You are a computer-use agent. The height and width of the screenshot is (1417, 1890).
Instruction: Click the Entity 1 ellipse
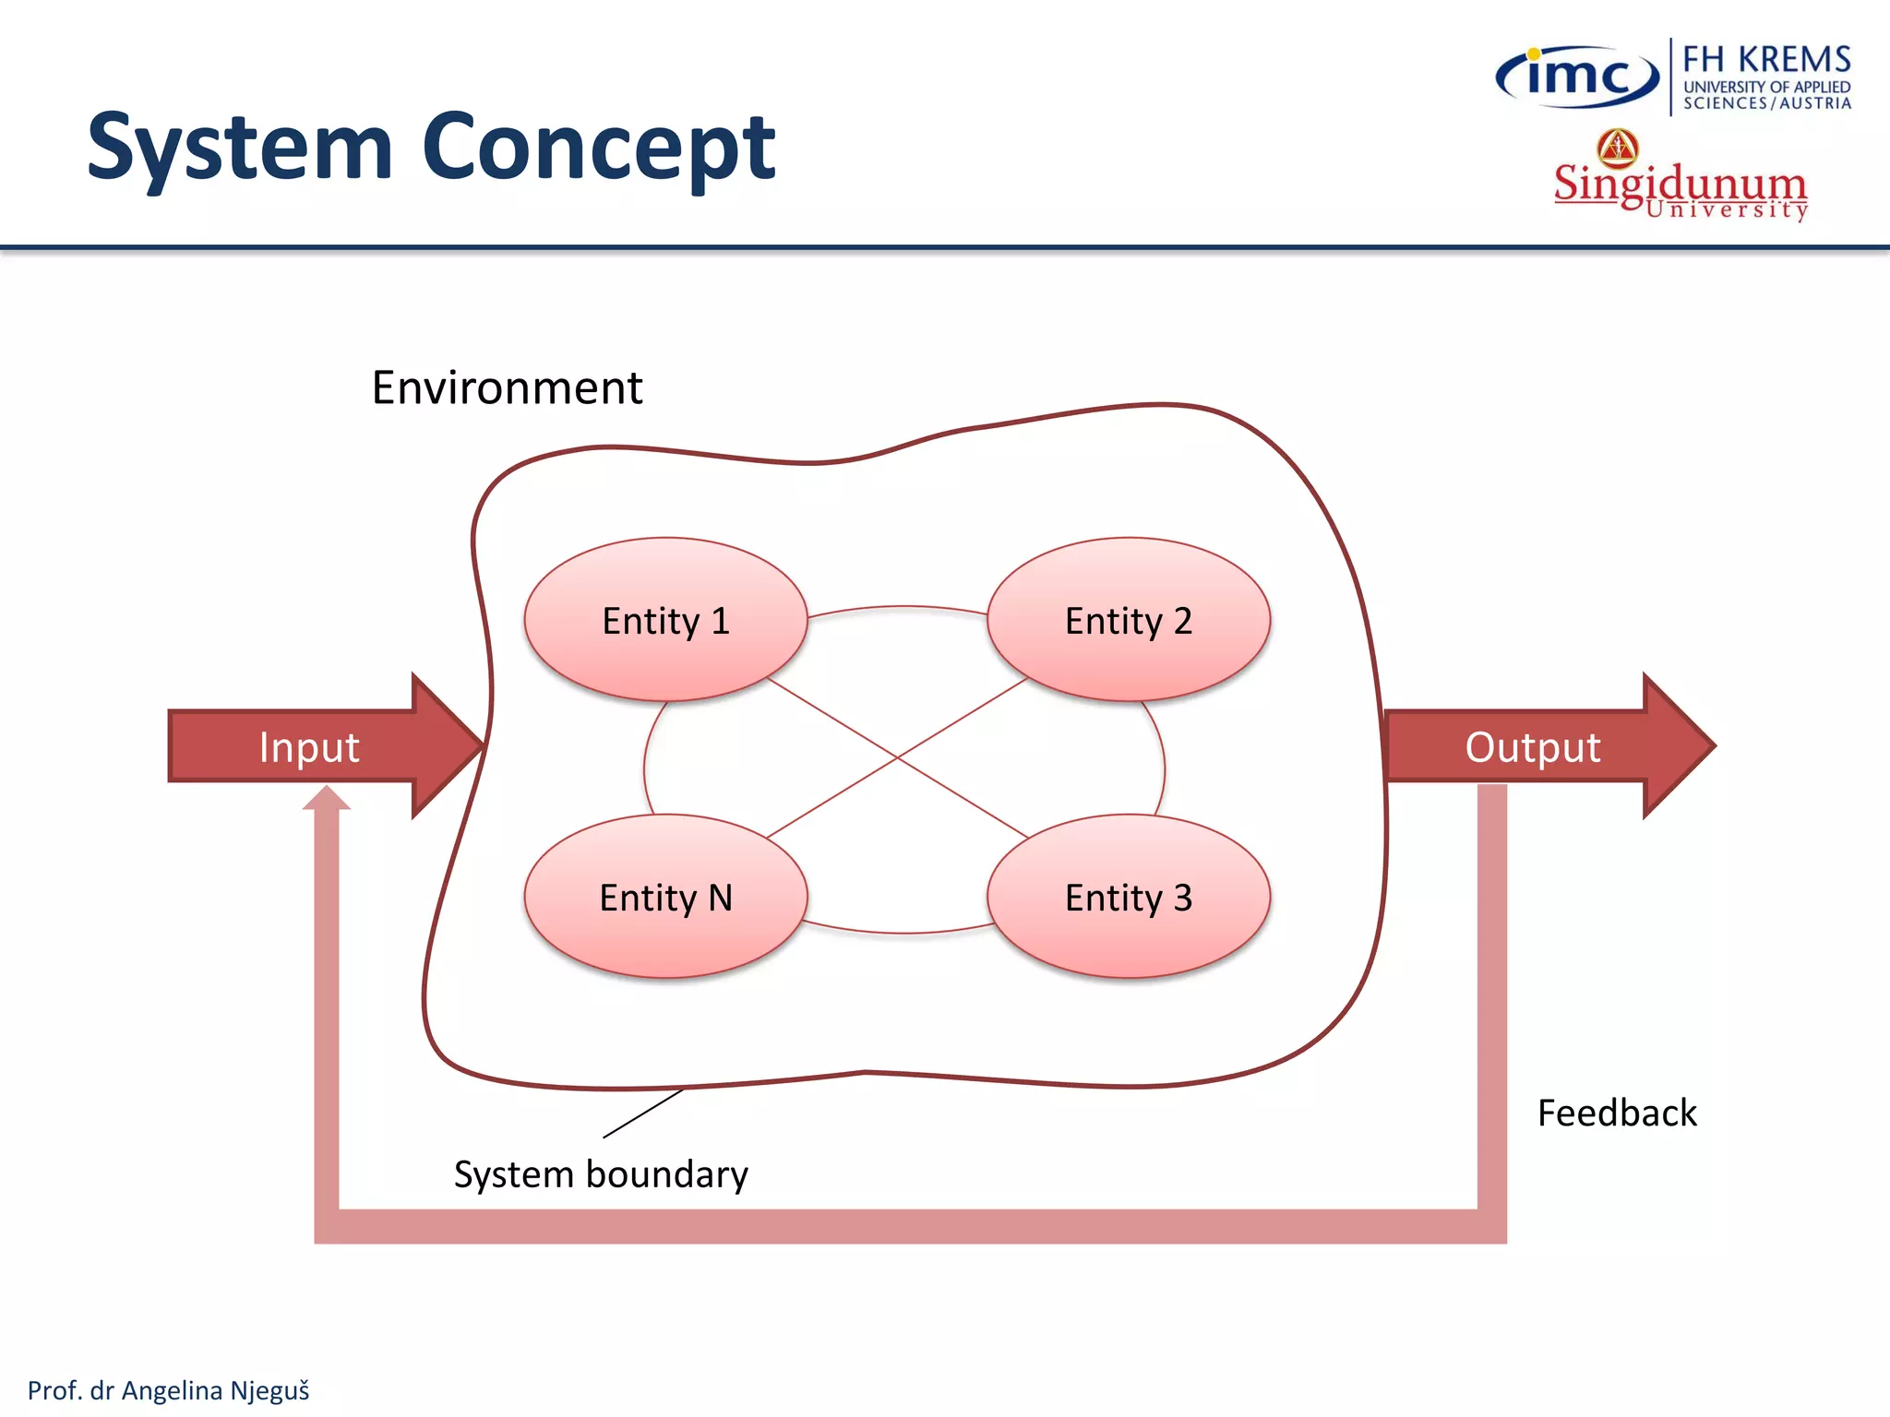tap(665, 620)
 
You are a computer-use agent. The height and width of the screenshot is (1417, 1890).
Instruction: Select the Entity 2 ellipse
tap(1128, 620)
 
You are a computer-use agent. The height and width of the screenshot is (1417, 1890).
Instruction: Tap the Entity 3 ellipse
tap(1128, 897)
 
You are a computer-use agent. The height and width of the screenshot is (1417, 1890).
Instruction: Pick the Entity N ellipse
tap(665, 897)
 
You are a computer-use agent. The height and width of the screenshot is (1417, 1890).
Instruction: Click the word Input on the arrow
tap(308, 746)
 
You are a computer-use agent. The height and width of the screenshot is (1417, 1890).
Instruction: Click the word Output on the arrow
tap(1532, 746)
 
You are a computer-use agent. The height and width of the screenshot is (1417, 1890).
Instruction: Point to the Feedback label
tap(1617, 1113)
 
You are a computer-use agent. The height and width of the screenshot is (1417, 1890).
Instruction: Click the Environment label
tap(507, 387)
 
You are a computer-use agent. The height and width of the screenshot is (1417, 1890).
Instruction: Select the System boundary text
tap(601, 1174)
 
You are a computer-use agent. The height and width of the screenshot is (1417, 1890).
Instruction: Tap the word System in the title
tap(240, 148)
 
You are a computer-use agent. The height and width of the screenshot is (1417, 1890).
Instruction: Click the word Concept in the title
tap(599, 148)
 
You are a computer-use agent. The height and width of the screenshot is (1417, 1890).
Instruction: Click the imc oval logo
tap(1577, 76)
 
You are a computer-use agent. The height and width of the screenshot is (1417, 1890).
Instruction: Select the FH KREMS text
tap(1766, 59)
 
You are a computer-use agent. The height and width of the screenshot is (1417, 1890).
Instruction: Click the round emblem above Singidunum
tap(1618, 148)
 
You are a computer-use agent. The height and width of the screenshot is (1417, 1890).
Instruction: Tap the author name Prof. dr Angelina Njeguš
tap(168, 1390)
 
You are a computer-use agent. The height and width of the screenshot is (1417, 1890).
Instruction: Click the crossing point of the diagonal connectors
tap(898, 758)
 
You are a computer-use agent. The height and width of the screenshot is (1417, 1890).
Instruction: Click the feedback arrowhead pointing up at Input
tap(327, 799)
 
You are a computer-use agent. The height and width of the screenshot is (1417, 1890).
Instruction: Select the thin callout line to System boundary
tap(643, 1113)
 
